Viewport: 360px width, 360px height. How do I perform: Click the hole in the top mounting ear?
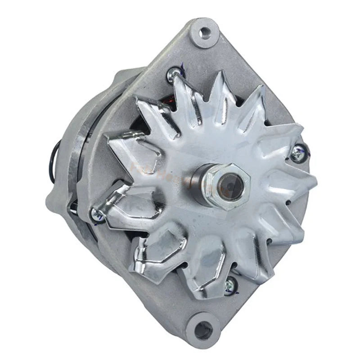(x=205, y=32)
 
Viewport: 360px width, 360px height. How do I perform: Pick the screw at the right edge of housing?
(x=297, y=154)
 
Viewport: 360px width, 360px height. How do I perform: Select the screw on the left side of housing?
(x=97, y=215)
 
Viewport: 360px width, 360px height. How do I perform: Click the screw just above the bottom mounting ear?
(x=230, y=283)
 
